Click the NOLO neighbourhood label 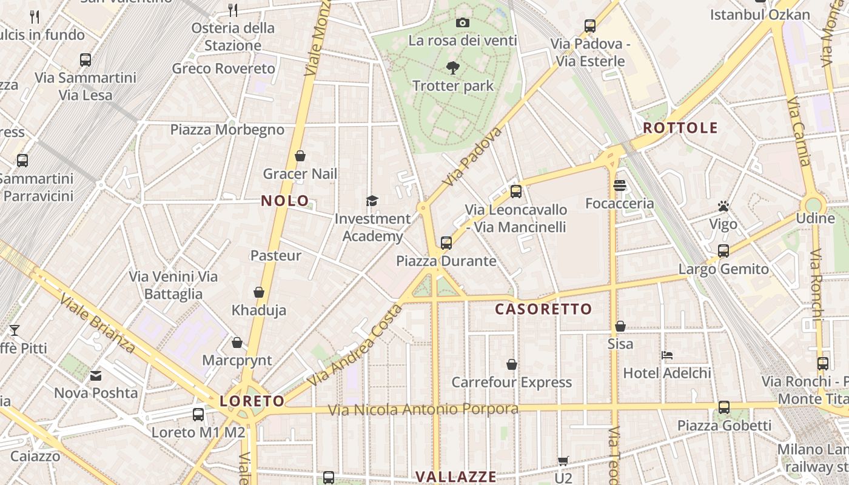click(285, 201)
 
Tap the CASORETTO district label click(543, 309)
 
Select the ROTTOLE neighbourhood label click(680, 128)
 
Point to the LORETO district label click(252, 401)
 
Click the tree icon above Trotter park click(453, 67)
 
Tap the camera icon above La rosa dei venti click(463, 22)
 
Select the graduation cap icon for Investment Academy click(372, 201)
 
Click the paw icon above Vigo click(723, 206)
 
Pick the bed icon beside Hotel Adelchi click(667, 355)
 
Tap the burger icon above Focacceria click(619, 186)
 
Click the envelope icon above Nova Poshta click(96, 375)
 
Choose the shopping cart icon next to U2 click(563, 461)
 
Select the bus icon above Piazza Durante click(446, 243)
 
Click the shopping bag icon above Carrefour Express click(512, 364)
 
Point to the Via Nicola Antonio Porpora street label click(423, 409)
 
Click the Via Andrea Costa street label click(355, 346)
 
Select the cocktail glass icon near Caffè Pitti click(14, 330)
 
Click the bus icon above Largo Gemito click(723, 250)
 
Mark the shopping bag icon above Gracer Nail click(300, 156)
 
